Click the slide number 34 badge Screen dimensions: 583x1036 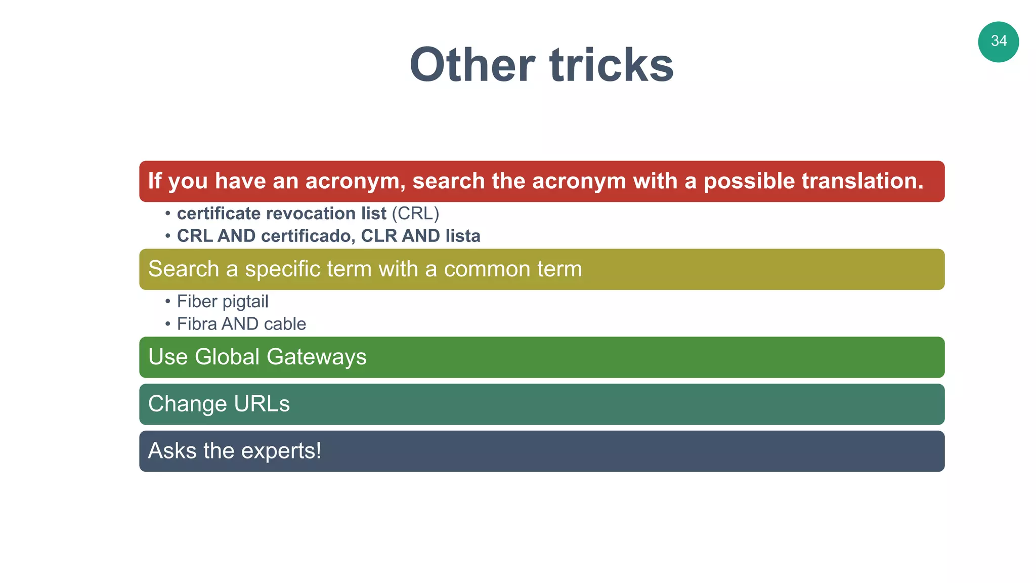[998, 41]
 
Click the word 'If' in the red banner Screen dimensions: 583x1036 [155, 181]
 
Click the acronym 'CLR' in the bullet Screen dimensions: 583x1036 [379, 236]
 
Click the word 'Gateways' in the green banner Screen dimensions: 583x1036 [316, 357]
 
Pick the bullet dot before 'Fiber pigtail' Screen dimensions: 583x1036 [167, 302]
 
